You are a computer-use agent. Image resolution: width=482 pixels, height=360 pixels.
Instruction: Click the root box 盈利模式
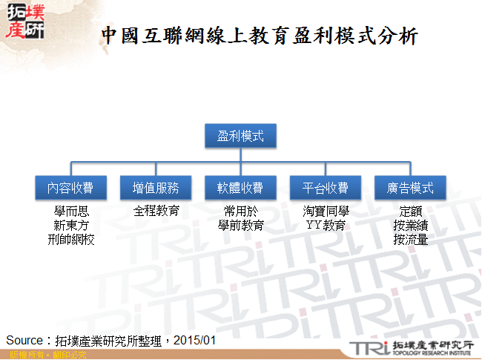click(240, 136)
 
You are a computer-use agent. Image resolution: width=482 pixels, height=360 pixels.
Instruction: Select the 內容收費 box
click(72, 188)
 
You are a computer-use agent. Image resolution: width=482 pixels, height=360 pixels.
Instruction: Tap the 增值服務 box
click(156, 188)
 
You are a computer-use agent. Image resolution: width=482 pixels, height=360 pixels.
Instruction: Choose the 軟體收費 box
click(240, 188)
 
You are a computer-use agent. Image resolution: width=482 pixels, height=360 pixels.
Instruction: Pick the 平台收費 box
click(326, 188)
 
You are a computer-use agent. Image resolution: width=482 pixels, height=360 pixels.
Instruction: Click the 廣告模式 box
click(410, 188)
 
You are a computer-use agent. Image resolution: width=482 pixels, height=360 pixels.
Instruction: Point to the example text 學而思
click(72, 212)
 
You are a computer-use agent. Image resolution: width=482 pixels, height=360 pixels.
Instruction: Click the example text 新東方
click(72, 226)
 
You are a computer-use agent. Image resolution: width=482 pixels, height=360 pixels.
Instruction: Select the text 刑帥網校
click(72, 240)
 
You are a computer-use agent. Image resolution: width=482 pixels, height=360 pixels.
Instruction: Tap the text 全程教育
click(156, 212)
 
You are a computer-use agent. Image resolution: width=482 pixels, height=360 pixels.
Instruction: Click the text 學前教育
click(240, 226)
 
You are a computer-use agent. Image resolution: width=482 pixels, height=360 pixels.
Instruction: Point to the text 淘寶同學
click(326, 212)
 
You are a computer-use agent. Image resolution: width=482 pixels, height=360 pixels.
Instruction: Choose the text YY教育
click(326, 226)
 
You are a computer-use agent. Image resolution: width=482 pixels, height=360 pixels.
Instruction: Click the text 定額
click(410, 212)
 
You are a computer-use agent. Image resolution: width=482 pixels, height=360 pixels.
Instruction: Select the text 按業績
click(410, 226)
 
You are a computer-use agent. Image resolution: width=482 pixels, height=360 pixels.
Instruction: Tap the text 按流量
click(410, 240)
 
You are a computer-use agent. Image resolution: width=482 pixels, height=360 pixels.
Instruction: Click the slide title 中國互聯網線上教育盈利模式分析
click(260, 35)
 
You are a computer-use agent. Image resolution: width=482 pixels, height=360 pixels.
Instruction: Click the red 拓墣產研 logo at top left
click(24, 22)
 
